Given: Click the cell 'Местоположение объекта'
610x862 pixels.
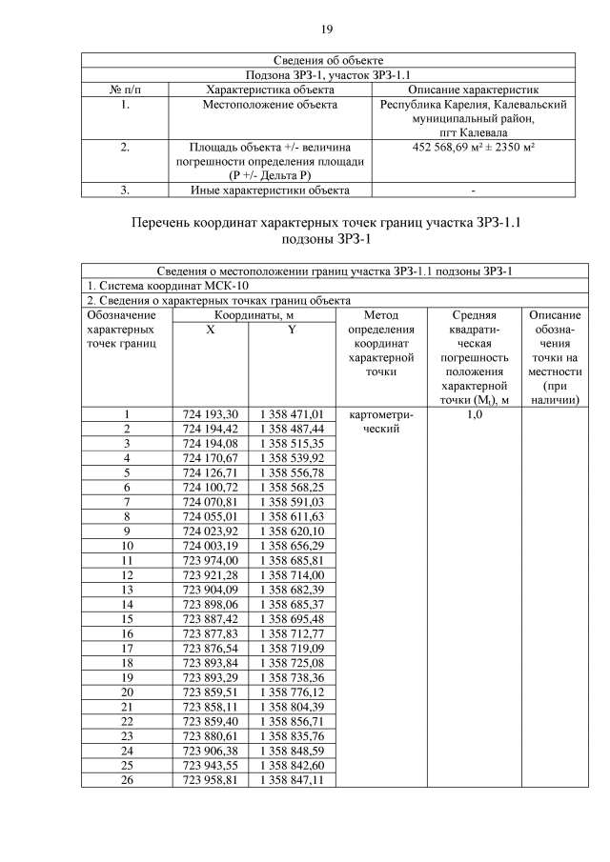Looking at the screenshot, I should (x=270, y=105).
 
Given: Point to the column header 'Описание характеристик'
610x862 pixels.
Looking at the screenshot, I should (x=474, y=90).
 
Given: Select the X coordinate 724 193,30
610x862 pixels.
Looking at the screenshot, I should (x=210, y=414).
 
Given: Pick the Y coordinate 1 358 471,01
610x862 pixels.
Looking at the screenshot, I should (x=292, y=414).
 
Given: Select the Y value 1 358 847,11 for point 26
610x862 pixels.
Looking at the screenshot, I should (x=292, y=779).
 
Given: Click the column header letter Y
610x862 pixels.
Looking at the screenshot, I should (x=292, y=329).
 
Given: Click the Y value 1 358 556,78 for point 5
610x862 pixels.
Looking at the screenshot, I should (x=292, y=473).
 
